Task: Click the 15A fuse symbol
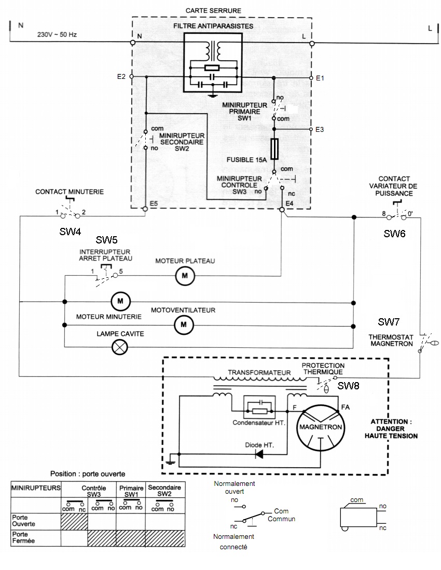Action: [274, 149]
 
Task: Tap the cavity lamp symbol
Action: [119, 347]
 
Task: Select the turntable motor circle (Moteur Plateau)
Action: [185, 276]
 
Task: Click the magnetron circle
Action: [321, 428]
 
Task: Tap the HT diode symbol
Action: [259, 454]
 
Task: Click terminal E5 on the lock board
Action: [145, 209]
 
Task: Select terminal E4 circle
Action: [282, 209]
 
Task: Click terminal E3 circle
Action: [311, 129]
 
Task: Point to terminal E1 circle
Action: [311, 78]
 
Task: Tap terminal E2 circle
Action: [131, 77]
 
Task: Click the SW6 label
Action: [394, 234]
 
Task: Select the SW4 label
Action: [70, 232]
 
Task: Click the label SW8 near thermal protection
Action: [348, 386]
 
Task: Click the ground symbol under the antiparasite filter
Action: [212, 95]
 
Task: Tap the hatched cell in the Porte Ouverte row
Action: [74, 521]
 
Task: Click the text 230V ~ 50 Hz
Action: [57, 35]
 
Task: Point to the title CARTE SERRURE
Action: [213, 10]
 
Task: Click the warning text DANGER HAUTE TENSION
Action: [391, 432]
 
